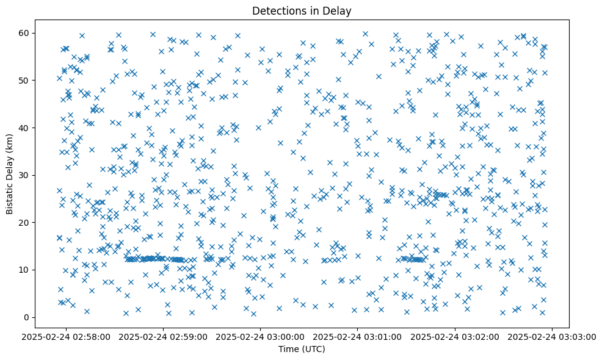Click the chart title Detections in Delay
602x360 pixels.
pos(302,11)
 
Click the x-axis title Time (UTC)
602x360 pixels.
pos(302,349)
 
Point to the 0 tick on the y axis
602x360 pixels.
pos(27,317)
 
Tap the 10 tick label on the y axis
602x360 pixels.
pos(24,270)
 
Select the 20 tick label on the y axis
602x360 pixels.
pos(24,222)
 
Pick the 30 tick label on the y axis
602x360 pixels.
pos(24,175)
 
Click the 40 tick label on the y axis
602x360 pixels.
pos(24,128)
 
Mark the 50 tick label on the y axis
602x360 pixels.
pos(24,80)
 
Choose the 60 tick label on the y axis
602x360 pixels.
pos(24,33)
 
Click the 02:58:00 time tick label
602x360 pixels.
pos(67,336)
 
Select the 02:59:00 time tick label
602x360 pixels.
pos(164,336)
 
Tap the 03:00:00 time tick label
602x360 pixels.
pos(261,336)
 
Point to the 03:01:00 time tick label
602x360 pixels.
pos(358,336)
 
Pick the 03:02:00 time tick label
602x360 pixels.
pos(455,336)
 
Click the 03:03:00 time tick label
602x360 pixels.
pos(553,336)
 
